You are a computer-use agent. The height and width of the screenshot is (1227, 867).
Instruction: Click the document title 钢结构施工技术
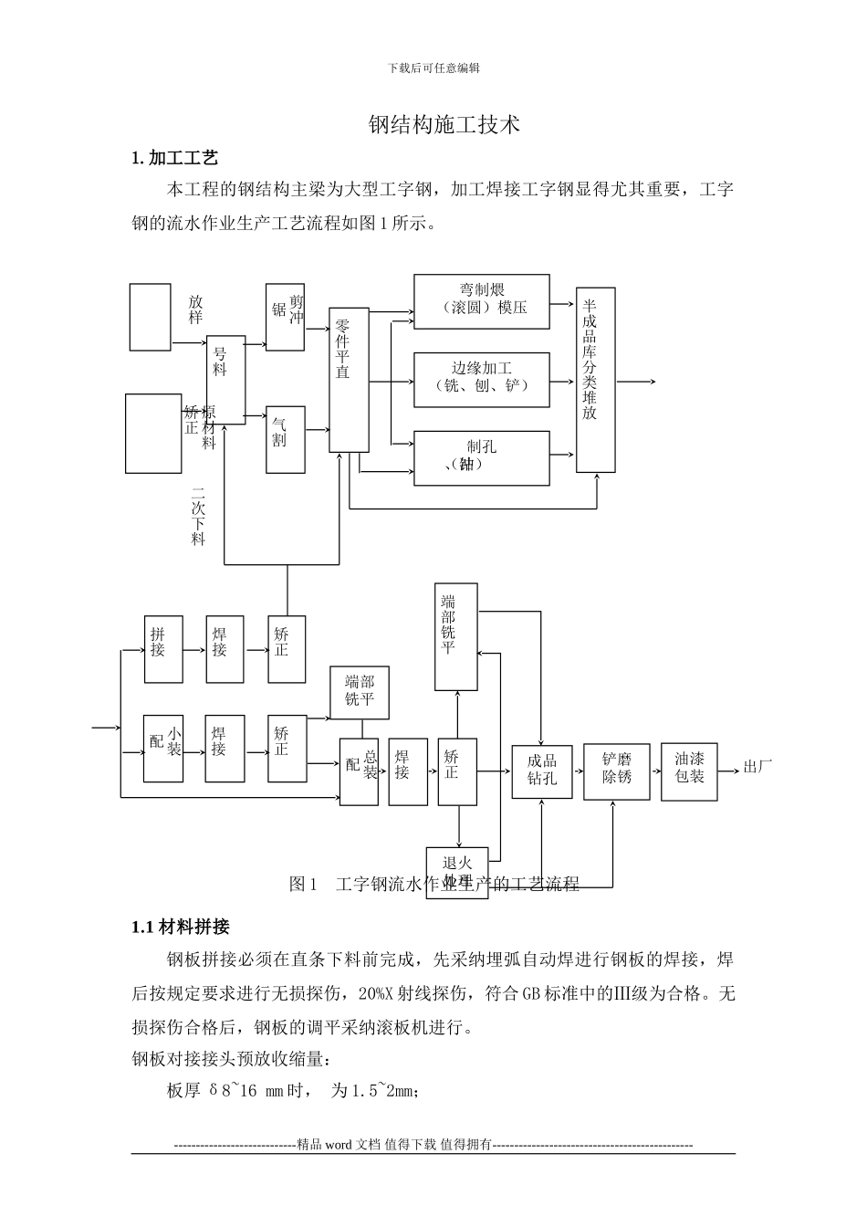444,124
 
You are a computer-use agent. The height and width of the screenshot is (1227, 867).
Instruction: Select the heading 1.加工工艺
175,158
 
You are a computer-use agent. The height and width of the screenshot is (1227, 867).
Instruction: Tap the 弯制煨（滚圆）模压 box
482,300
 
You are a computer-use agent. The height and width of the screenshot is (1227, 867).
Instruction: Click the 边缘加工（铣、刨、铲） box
482,378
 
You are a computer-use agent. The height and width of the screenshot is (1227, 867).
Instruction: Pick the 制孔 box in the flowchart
482,457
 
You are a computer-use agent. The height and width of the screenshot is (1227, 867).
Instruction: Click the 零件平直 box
349,379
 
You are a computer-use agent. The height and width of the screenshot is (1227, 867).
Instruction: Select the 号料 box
225,380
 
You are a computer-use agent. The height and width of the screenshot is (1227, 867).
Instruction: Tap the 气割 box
285,439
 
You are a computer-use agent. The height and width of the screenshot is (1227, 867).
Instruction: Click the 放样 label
195,309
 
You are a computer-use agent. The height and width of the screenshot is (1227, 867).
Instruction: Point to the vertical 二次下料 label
198,517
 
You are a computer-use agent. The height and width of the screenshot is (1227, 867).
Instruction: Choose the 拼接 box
163,649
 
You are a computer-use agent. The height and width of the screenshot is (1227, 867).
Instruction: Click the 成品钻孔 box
542,771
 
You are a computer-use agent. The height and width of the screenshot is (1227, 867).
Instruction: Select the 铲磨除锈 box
617,771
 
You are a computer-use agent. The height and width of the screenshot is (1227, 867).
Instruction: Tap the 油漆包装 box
689,771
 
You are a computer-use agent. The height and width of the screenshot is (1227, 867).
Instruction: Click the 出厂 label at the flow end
757,767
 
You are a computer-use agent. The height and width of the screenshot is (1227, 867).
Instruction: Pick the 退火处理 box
457,872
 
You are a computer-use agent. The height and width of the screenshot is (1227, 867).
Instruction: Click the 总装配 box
359,771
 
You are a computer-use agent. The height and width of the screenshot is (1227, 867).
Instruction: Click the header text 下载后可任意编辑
433,68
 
